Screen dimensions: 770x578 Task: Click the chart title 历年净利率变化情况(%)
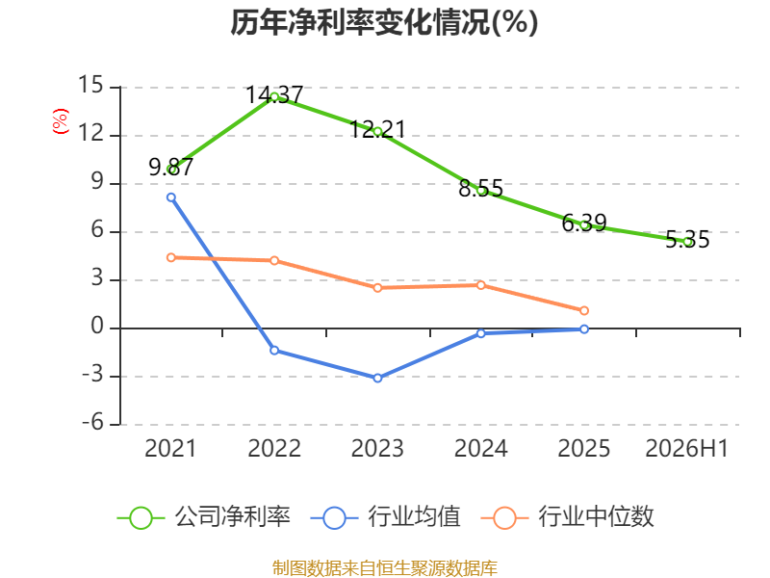pyautogui.click(x=384, y=22)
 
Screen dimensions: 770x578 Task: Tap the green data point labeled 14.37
pyautogui.click(x=274, y=97)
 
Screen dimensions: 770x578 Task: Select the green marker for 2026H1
pyautogui.click(x=687, y=242)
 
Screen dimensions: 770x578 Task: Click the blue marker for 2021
pyautogui.click(x=171, y=197)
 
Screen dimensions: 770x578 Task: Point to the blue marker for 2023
pyautogui.click(x=377, y=378)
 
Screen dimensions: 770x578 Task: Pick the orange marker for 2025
pyautogui.click(x=584, y=310)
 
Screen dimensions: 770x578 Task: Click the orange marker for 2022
pyautogui.click(x=274, y=260)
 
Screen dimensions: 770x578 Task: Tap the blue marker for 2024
pyautogui.click(x=480, y=333)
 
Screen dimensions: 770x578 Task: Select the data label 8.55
pyautogui.click(x=480, y=188)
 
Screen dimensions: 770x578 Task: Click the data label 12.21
pyautogui.click(x=377, y=130)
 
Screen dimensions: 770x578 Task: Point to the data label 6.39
pyautogui.click(x=584, y=223)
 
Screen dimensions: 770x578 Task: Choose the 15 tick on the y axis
pyautogui.click(x=90, y=85)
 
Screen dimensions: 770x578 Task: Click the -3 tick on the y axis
pyautogui.click(x=92, y=375)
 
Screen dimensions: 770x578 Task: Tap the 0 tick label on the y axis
pyautogui.click(x=97, y=326)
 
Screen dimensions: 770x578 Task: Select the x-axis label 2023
pyautogui.click(x=377, y=448)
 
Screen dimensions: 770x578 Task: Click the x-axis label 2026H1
pyautogui.click(x=686, y=448)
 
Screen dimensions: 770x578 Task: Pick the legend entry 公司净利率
pyautogui.click(x=204, y=517)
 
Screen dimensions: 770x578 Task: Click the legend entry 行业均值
pyautogui.click(x=386, y=517)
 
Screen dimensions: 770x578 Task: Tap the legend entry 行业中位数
pyautogui.click(x=568, y=517)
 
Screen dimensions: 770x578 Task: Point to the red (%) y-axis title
pyautogui.click(x=61, y=121)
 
